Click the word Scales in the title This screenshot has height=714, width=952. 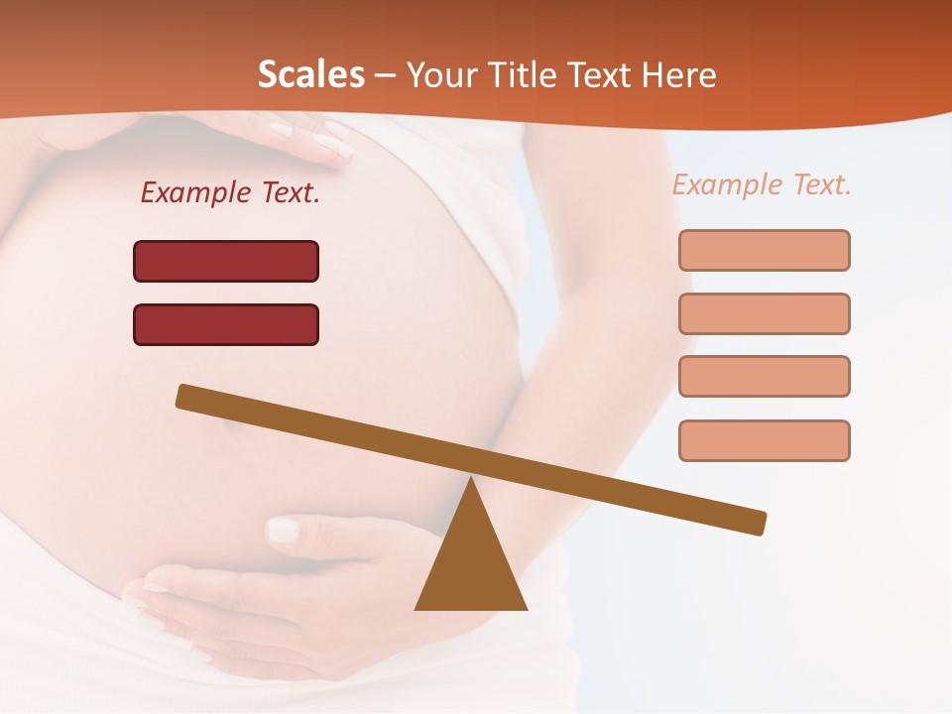tap(310, 75)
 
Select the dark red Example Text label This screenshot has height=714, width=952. tap(230, 192)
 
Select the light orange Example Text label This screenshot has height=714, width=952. tap(762, 184)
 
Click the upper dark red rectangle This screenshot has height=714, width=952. tap(226, 261)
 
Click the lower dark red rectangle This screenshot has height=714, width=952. tap(226, 324)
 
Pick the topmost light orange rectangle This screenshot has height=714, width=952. tap(764, 250)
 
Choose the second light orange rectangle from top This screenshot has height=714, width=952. tap(764, 313)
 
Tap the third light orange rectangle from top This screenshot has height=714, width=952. tap(764, 376)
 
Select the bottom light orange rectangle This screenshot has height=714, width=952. tap(764, 440)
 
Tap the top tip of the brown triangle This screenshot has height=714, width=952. tap(471, 481)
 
